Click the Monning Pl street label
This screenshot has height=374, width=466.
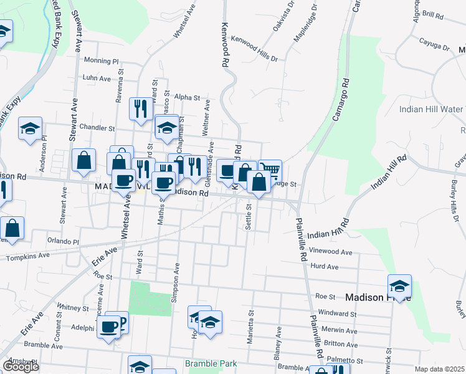pos(100,61)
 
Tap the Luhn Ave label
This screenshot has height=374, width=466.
pos(96,78)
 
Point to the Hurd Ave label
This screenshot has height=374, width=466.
pos(324,267)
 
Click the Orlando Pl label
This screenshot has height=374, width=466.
pos(63,241)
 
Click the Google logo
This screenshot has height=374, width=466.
pos(21,367)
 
